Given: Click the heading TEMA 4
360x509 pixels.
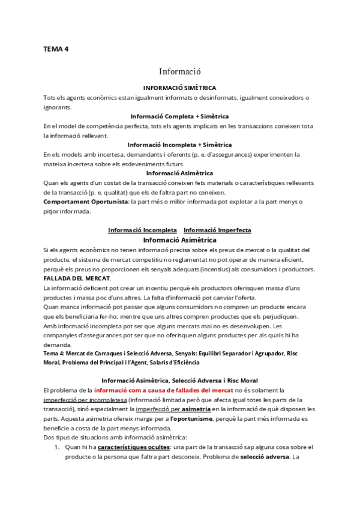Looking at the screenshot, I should pyautogui.click(x=56, y=49).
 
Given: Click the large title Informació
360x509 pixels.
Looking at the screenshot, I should pyautogui.click(x=179, y=70).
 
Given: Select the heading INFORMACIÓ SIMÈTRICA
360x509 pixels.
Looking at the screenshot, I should pyautogui.click(x=179, y=88).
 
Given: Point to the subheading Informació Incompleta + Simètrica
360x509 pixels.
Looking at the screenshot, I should pyautogui.click(x=179, y=145).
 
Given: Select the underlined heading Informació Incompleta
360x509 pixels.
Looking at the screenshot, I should pyautogui.click(x=134, y=230).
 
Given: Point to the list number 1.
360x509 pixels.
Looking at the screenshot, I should pyautogui.click(x=56, y=447).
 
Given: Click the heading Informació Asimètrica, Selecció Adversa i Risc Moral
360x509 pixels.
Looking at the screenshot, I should pyautogui.click(x=179, y=380).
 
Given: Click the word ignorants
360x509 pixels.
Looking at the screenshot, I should pyautogui.click(x=57, y=107).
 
